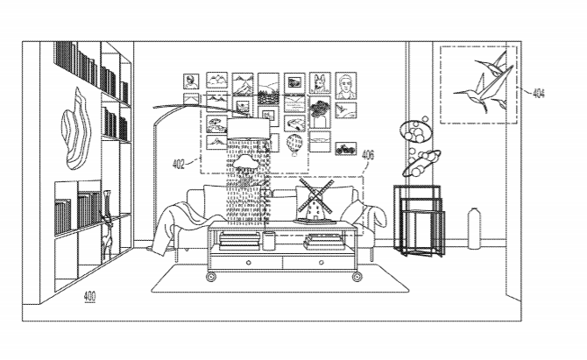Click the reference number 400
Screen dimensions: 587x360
coord(90,296)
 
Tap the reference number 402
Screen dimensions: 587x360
coord(179,164)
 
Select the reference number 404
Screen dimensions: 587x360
coord(538,93)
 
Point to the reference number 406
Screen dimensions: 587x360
coord(368,154)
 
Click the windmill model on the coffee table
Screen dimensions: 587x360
coord(315,201)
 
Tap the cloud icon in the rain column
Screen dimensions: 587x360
coord(246,162)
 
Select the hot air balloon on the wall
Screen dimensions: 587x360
coord(294,145)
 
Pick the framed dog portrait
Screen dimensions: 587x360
coord(320,83)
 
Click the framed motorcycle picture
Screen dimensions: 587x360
coord(345,149)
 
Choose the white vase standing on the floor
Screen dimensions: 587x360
coord(474,229)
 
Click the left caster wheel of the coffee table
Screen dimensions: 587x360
coord(211,277)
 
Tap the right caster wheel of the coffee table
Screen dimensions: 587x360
coord(357,277)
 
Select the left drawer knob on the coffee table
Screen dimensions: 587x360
coord(248,263)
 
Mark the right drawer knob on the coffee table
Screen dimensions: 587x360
coord(321,263)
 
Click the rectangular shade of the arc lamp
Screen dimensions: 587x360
coord(248,129)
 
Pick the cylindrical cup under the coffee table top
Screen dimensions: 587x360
coord(268,241)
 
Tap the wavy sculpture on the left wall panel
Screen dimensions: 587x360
coord(76,129)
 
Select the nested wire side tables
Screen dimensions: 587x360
coord(420,221)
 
